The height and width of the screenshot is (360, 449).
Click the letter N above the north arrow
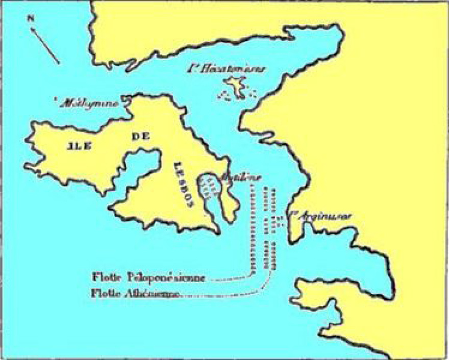31,19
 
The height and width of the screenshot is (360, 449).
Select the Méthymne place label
89,103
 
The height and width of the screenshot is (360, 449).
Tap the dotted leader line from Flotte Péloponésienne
232,278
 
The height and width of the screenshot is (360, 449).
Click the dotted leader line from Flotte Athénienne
224,293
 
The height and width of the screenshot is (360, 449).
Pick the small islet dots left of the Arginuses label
280,221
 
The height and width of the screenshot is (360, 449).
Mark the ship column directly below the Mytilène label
251,224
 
